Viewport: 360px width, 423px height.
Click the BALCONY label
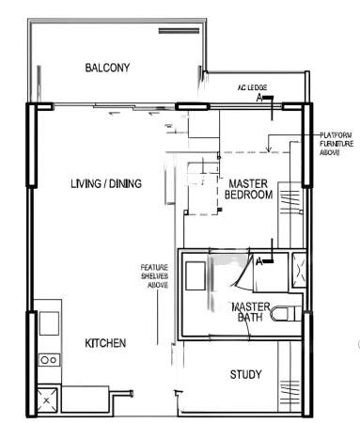click(107, 68)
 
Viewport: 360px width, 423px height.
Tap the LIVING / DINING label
click(106, 183)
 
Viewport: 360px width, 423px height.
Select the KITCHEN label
click(105, 343)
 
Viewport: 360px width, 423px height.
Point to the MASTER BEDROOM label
click(248, 189)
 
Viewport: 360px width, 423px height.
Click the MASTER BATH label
click(250, 312)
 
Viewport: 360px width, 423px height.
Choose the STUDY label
click(245, 374)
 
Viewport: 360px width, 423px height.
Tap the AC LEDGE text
click(252, 87)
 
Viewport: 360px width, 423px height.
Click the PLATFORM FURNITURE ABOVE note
click(337, 144)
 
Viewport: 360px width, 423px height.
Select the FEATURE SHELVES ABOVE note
click(154, 276)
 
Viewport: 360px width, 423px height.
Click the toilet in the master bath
click(286, 314)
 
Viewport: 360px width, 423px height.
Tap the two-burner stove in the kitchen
click(49, 360)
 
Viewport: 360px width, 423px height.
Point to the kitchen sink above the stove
click(49, 323)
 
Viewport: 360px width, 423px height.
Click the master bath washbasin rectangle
click(196, 275)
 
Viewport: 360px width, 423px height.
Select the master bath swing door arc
click(243, 273)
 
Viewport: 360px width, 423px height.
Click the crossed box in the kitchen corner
click(47, 400)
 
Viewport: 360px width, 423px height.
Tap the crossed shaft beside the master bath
click(299, 270)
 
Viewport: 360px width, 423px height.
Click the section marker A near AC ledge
click(259, 98)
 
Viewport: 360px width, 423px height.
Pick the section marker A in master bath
click(259, 261)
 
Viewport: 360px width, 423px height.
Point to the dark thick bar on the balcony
click(179, 31)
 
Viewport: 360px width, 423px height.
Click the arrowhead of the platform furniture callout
click(268, 149)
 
